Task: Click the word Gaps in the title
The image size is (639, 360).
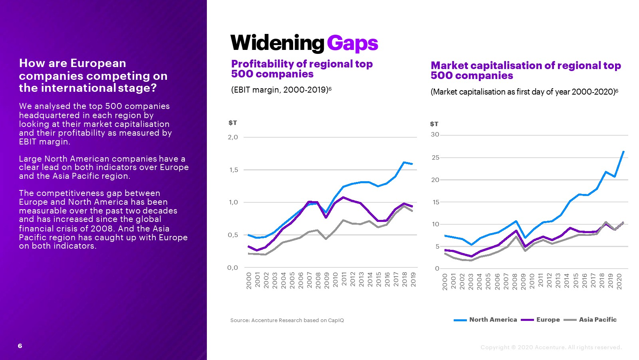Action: (352, 43)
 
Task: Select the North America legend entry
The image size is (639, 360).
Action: (486, 320)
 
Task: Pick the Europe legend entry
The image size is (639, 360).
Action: (541, 320)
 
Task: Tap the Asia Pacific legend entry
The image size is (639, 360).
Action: (591, 320)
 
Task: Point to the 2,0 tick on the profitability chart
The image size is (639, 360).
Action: (233, 137)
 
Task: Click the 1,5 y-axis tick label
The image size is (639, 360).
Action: (233, 170)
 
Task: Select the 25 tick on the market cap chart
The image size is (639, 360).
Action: (435, 158)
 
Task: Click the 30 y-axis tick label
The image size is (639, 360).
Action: (435, 135)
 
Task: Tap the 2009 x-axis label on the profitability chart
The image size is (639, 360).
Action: (327, 280)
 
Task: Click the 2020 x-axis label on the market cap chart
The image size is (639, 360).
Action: (619, 281)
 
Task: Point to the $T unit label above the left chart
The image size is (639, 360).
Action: (232, 123)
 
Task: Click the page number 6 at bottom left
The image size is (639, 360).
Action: (20, 346)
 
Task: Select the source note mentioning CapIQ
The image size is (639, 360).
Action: (287, 320)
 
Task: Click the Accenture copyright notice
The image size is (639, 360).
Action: (551, 347)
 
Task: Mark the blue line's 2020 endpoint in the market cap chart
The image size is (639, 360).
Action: (623, 152)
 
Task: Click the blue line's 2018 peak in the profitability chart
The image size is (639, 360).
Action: (404, 162)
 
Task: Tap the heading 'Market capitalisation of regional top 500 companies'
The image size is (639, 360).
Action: (526, 71)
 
